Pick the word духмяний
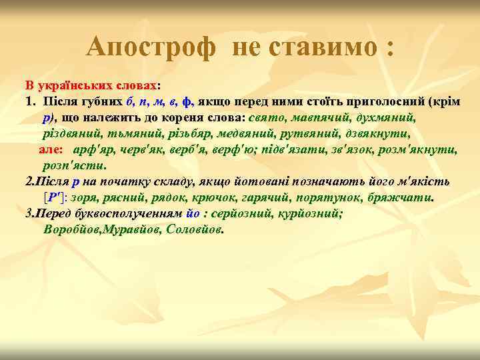point(387,117)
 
